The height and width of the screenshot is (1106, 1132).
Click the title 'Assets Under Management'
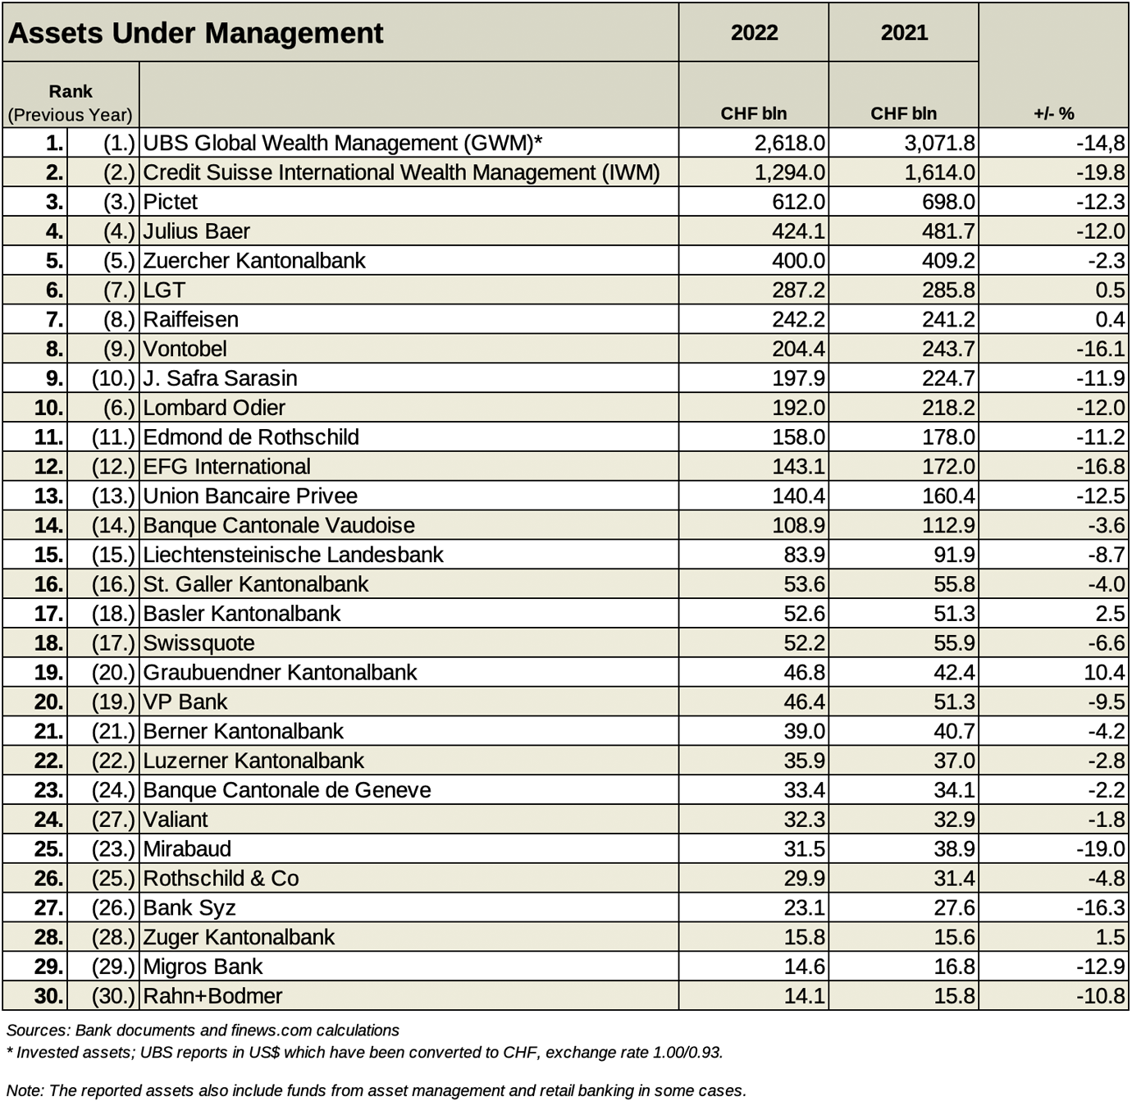tap(195, 33)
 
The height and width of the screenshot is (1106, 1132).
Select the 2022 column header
tap(754, 33)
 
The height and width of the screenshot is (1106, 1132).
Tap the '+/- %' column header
tap(1053, 113)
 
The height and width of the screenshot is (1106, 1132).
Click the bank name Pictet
tap(171, 202)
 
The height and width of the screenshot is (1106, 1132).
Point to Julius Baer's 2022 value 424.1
tap(798, 231)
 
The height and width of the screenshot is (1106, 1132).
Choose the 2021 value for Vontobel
tap(948, 349)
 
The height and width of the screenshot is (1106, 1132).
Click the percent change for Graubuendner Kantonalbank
tap(1104, 673)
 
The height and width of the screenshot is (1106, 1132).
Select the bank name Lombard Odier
tap(214, 408)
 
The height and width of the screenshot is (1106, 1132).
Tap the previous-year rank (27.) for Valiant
tap(113, 820)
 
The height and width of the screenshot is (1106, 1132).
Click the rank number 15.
tap(49, 555)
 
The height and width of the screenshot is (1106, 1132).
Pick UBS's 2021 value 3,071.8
tap(939, 143)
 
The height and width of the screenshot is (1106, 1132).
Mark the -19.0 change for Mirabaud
tap(1100, 849)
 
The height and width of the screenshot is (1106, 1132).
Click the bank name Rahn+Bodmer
tap(213, 996)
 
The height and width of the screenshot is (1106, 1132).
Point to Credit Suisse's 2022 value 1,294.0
tap(789, 173)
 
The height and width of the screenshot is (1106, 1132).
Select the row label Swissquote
tap(199, 643)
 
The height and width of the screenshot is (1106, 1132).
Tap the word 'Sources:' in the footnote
tap(38, 1031)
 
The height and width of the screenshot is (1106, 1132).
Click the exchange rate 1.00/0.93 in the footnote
tap(687, 1053)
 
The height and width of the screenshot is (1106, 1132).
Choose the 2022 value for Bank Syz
tap(804, 907)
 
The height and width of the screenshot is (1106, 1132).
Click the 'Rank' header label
tap(71, 91)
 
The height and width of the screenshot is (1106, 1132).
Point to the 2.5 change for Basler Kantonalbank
tap(1111, 614)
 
